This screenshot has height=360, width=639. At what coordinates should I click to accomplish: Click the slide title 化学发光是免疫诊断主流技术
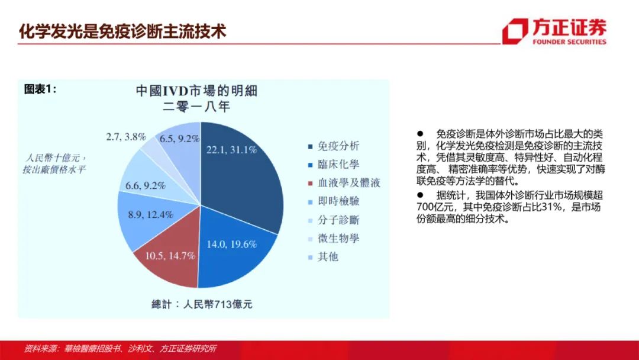point(122,31)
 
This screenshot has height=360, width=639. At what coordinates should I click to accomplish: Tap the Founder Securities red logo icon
point(515,31)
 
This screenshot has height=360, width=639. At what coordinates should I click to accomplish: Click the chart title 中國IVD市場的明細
point(196,91)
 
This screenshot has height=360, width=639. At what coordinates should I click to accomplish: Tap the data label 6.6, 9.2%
point(145,186)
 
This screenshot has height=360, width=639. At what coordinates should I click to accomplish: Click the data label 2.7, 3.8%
point(126,137)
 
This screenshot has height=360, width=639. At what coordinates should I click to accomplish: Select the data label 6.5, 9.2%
point(179,139)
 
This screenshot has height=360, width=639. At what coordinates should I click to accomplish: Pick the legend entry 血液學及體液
point(344,182)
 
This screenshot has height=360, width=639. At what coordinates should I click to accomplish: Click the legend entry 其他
point(324,256)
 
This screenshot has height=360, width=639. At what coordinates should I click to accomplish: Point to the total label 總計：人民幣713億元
point(202,304)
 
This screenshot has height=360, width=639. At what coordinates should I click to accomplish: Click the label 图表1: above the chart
point(40,89)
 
